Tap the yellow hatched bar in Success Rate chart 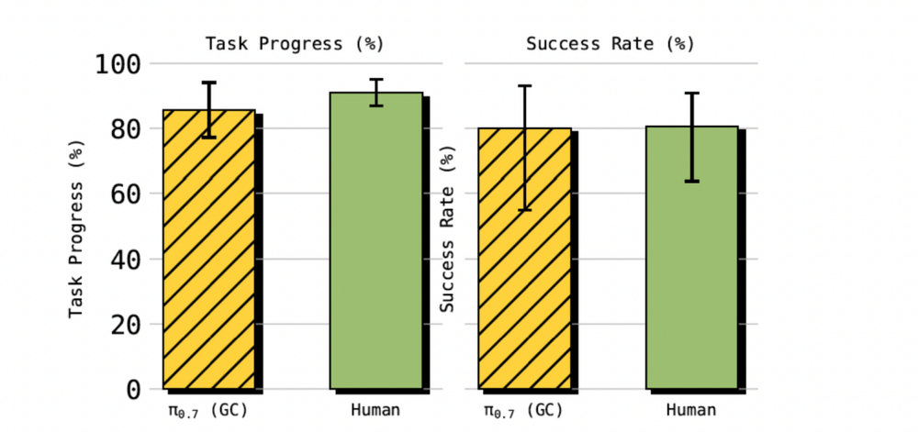[524, 258]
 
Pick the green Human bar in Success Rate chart [691, 257]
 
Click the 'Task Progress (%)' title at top [294, 43]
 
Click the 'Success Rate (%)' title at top [610, 43]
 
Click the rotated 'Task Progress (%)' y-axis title [78, 234]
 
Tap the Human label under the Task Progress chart [375, 410]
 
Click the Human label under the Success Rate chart [690, 410]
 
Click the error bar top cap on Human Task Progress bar [376, 80]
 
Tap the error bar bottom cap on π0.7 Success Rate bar [525, 210]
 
